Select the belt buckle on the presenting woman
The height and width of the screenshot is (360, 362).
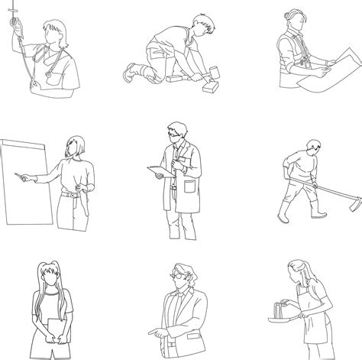73,196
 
